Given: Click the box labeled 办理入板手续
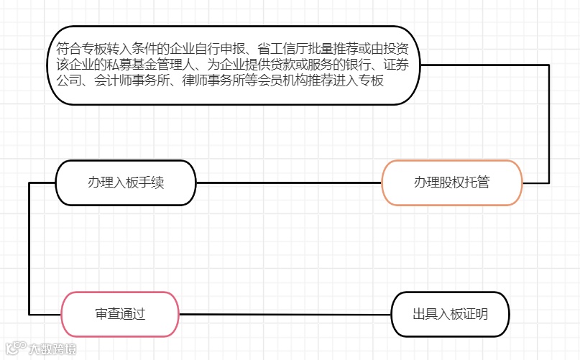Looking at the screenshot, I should (126, 183).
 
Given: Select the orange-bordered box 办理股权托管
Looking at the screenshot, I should (451, 183).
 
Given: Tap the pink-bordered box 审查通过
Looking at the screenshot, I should (120, 314).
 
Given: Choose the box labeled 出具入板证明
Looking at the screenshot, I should (450, 314).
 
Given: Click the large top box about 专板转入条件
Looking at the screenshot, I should (236, 65).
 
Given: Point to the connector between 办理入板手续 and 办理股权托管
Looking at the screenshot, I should (287, 183).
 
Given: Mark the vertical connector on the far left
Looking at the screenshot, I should (29, 248).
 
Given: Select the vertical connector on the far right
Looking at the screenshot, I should (549, 122).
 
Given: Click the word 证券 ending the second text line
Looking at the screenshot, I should (401, 65).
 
